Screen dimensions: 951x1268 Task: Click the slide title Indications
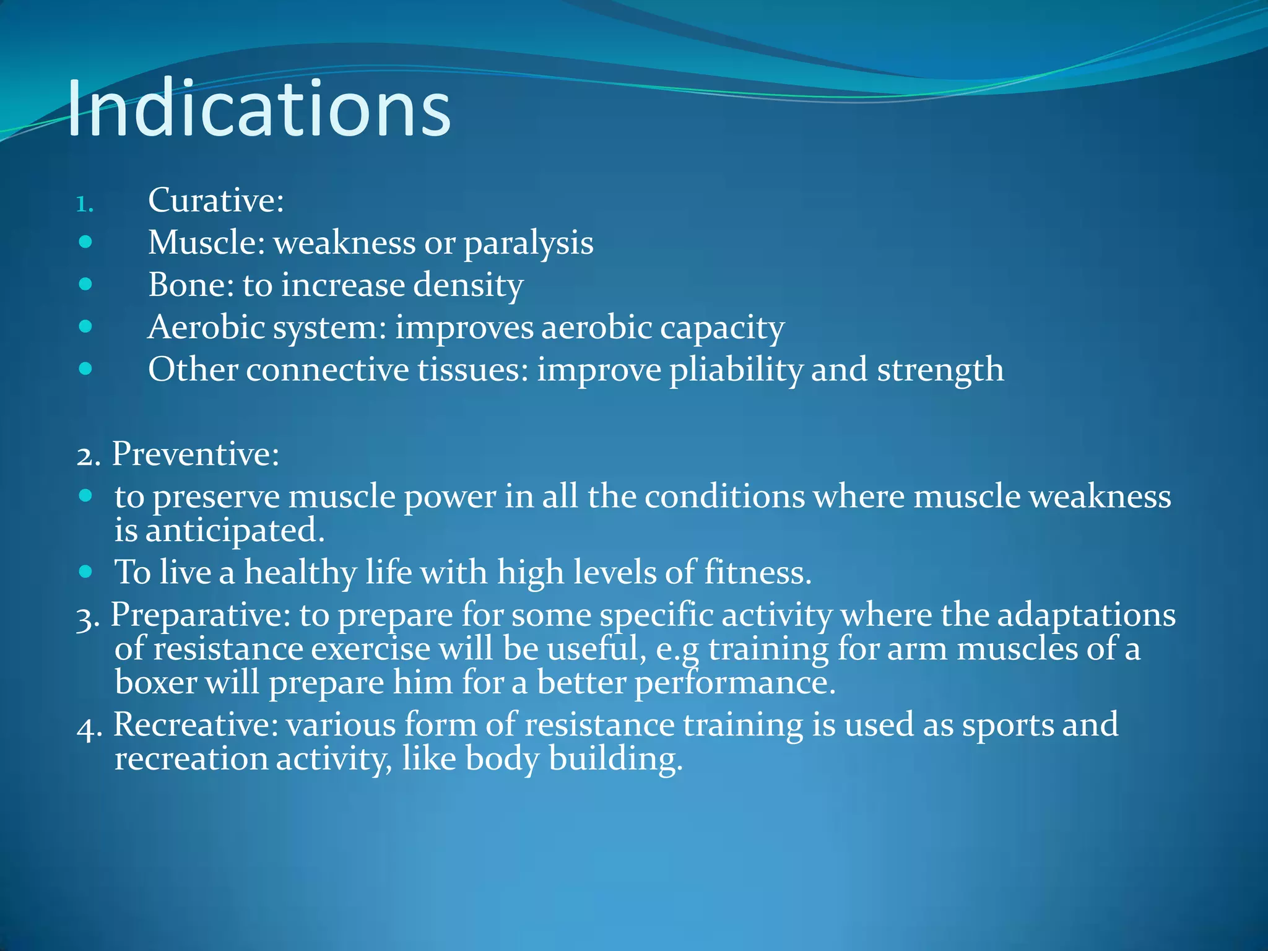point(259,110)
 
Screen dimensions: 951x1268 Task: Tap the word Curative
point(214,201)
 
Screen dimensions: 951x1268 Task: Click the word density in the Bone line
point(468,285)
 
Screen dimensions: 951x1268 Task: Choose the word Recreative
point(195,725)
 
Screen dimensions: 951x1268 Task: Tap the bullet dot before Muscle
point(86,242)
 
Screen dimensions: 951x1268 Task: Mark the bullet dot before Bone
point(86,284)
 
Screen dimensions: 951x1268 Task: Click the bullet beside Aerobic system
point(86,326)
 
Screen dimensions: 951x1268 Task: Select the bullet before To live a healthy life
point(86,571)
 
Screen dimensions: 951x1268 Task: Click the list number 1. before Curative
point(84,204)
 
